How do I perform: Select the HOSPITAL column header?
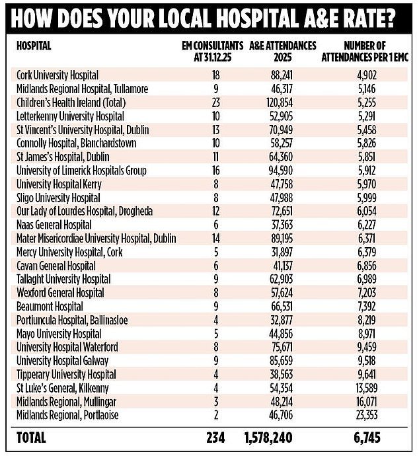[x=33, y=46]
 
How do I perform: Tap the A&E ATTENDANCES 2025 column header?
[x=283, y=50]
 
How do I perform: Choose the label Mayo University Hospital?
[x=58, y=333]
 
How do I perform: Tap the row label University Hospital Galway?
[x=59, y=360]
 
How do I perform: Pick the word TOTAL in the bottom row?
[x=32, y=438]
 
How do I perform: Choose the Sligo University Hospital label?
[x=57, y=198]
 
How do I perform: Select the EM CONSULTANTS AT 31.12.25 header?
[x=209, y=50]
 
